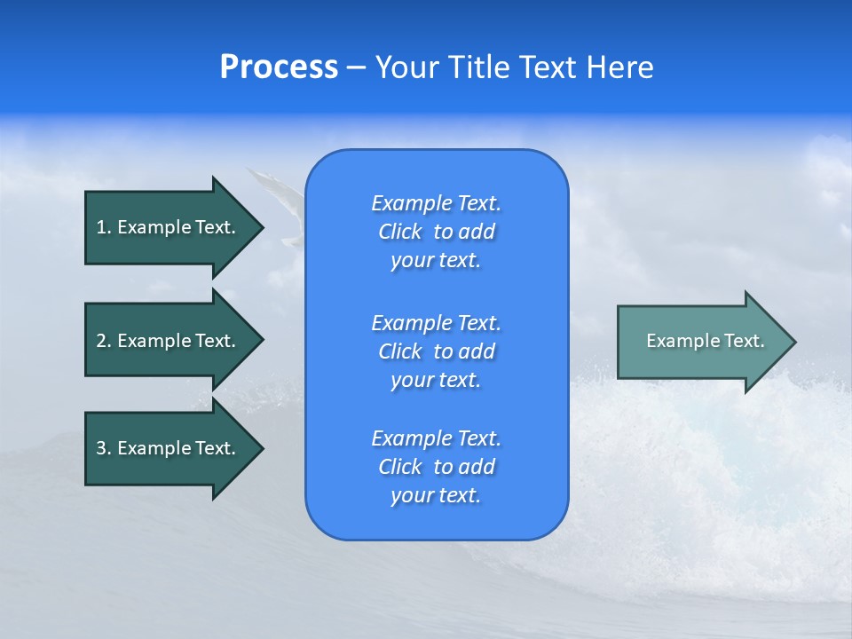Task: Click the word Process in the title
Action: click(x=279, y=67)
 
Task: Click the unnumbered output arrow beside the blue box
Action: click(x=701, y=341)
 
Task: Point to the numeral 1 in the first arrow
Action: click(x=101, y=227)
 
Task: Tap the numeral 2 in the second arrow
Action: click(x=101, y=341)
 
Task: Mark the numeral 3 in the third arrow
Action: click(x=101, y=448)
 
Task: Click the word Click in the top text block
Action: click(x=400, y=232)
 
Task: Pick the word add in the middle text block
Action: click(x=477, y=351)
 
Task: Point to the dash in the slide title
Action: click(x=356, y=67)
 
